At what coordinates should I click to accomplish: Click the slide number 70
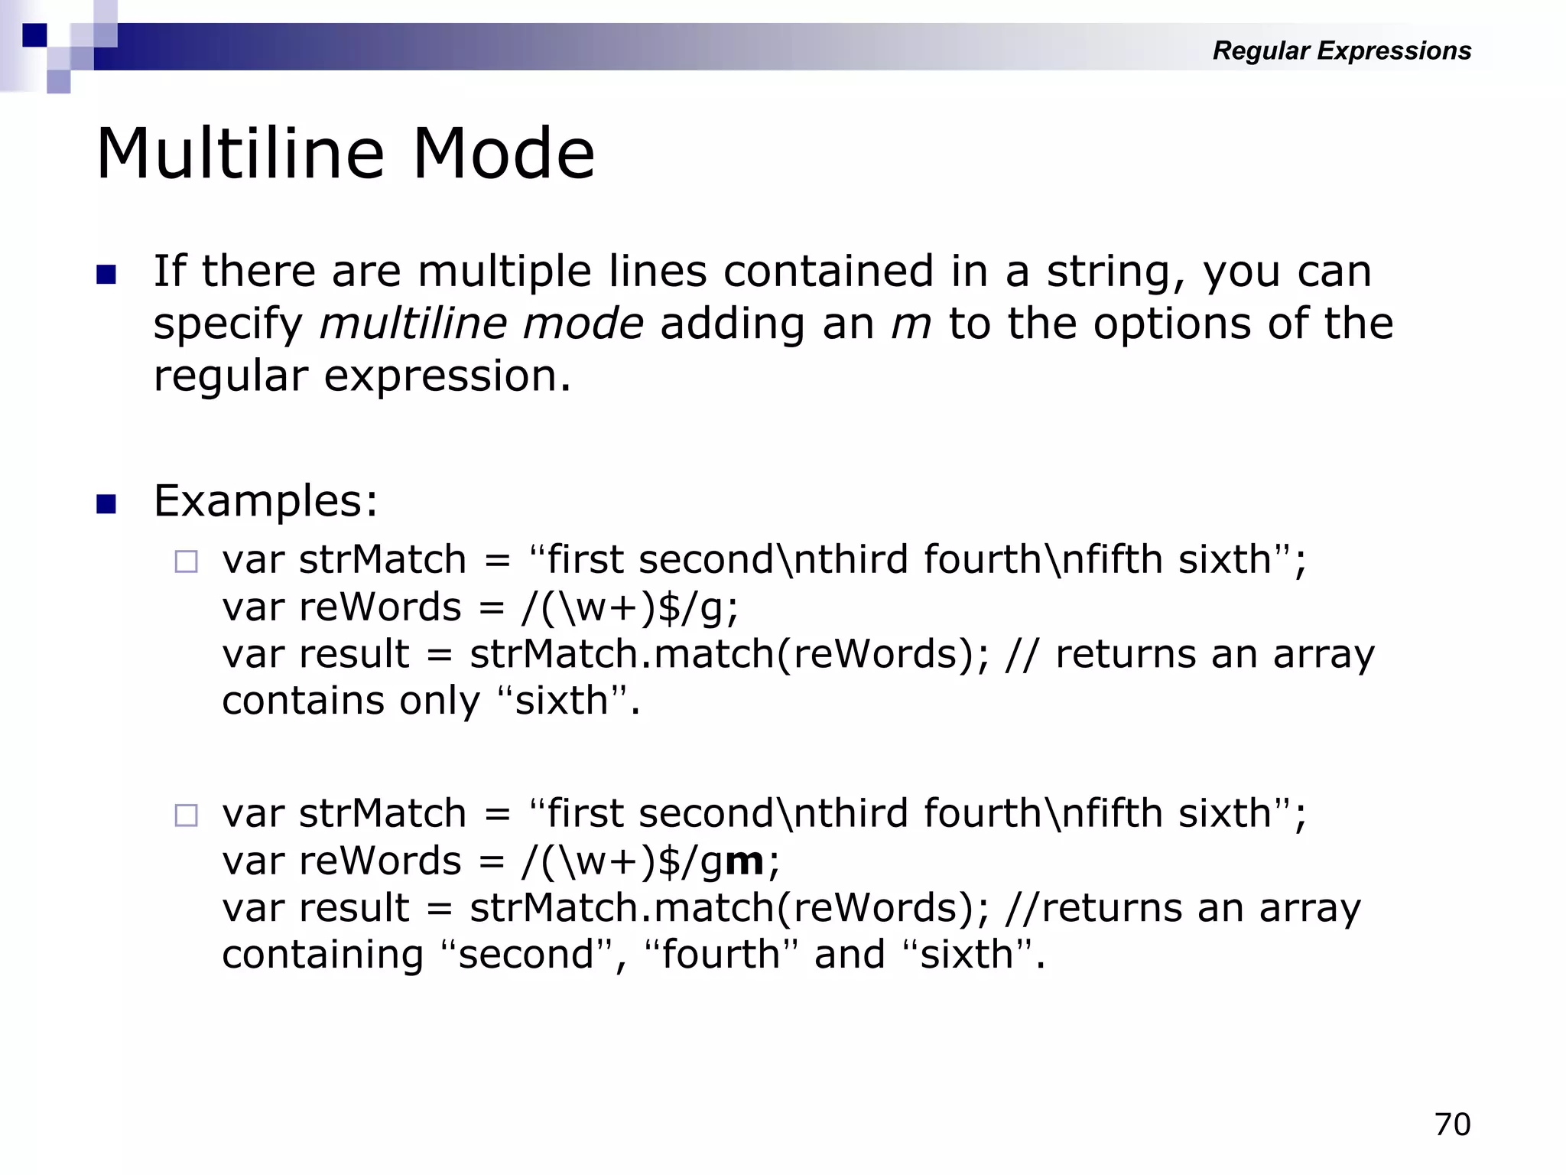(1452, 1125)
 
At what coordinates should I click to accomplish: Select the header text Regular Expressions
(1341, 50)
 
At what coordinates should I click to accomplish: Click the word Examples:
(265, 502)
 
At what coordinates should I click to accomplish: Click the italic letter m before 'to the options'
(911, 324)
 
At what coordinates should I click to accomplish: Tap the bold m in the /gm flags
(744, 861)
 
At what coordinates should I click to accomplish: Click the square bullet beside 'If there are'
(106, 275)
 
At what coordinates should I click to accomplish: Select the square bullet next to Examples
(106, 504)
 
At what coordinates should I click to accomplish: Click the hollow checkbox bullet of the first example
(186, 562)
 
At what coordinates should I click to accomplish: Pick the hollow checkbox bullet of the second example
(186, 815)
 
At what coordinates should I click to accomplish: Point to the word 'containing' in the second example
(322, 955)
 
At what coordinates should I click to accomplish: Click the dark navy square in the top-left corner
(34, 35)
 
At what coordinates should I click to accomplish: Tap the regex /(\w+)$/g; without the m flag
(630, 608)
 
